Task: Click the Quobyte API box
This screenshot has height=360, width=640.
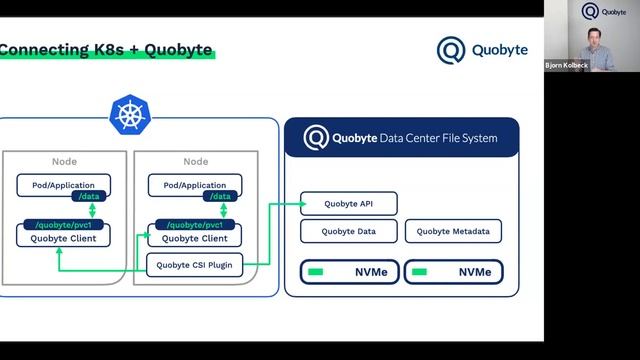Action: pos(349,203)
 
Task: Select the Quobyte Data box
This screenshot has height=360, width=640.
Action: pos(349,231)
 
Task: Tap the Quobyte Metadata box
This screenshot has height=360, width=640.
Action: pos(453,231)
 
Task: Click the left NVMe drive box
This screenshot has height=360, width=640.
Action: pos(349,271)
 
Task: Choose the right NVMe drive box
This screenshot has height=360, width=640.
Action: pos(453,271)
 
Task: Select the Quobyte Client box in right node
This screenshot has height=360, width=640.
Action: pos(195,238)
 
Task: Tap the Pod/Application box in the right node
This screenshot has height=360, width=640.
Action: pos(187,185)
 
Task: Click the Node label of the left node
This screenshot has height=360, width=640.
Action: pos(64,162)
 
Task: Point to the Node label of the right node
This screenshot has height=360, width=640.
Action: pos(195,162)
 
